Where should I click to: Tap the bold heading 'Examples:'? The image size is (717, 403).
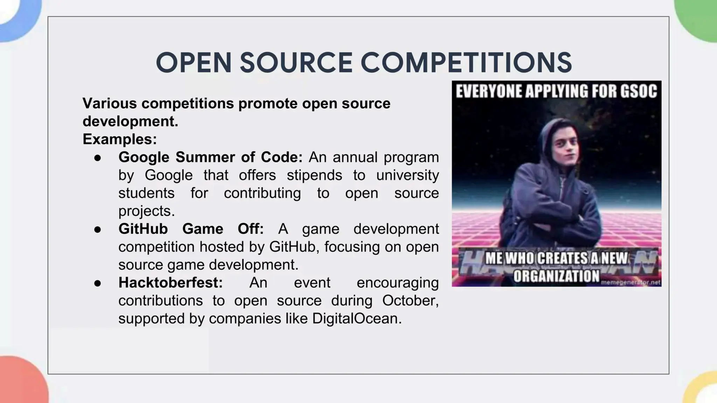click(x=120, y=139)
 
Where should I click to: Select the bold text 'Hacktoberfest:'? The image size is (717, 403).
click(x=170, y=283)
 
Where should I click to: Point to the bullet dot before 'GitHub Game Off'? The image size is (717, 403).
click(x=98, y=229)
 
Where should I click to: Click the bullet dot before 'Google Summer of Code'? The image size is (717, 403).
click(x=98, y=158)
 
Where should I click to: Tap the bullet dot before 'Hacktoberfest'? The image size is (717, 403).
click(x=98, y=283)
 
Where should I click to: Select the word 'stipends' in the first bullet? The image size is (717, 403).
click(x=314, y=175)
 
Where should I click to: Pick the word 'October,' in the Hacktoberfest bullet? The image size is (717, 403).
click(x=410, y=301)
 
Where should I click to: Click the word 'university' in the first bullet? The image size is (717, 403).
click(x=407, y=175)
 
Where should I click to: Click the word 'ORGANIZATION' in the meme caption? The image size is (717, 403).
click(x=556, y=276)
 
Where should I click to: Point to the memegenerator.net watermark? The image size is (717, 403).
click(x=631, y=282)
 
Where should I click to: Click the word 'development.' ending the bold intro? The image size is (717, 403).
click(x=130, y=121)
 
